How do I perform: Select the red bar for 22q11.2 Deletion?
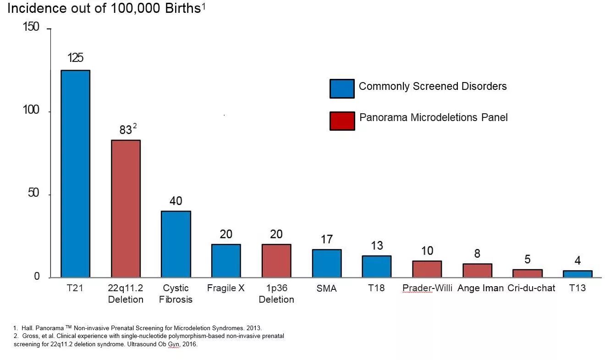click(x=126, y=208)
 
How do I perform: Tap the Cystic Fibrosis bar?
click(x=176, y=244)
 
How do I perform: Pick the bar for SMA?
click(x=326, y=263)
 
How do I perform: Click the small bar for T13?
click(x=577, y=274)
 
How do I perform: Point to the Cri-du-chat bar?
click(x=527, y=273)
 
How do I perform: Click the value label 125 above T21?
click(x=75, y=58)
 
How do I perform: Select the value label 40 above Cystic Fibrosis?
click(x=176, y=201)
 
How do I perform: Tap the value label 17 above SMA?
click(x=326, y=239)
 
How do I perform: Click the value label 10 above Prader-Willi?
click(x=427, y=251)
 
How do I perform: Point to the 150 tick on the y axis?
click(x=31, y=28)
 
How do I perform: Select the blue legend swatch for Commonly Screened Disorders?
click(x=342, y=89)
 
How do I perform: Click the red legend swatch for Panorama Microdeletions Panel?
click(x=342, y=121)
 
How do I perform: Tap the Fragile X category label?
click(x=225, y=288)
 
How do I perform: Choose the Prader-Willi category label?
click(x=427, y=288)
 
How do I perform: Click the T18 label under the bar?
click(x=376, y=288)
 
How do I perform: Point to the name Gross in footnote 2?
click(x=29, y=336)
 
